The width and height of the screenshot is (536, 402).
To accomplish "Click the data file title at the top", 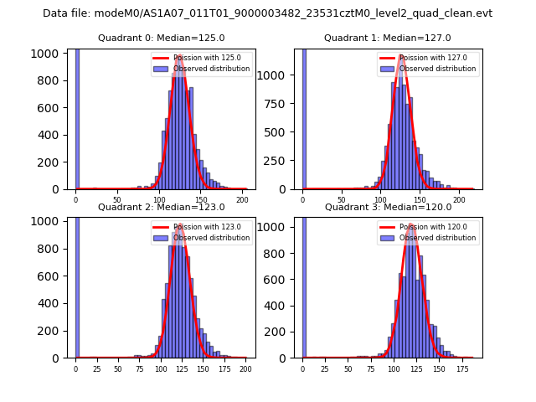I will click(267, 13).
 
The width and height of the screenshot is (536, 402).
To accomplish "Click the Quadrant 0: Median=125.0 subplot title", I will click(161, 38).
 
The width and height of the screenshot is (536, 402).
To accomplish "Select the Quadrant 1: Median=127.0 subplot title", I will click(387, 38).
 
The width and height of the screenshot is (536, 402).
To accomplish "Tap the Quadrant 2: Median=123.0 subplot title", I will click(161, 207).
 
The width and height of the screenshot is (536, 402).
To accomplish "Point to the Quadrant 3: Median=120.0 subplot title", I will click(387, 207).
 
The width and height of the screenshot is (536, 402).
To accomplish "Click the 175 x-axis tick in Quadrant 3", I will click(461, 369).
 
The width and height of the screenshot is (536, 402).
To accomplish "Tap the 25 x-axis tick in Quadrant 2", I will click(96, 369).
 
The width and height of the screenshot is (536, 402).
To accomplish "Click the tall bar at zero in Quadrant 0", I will click(77, 117).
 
